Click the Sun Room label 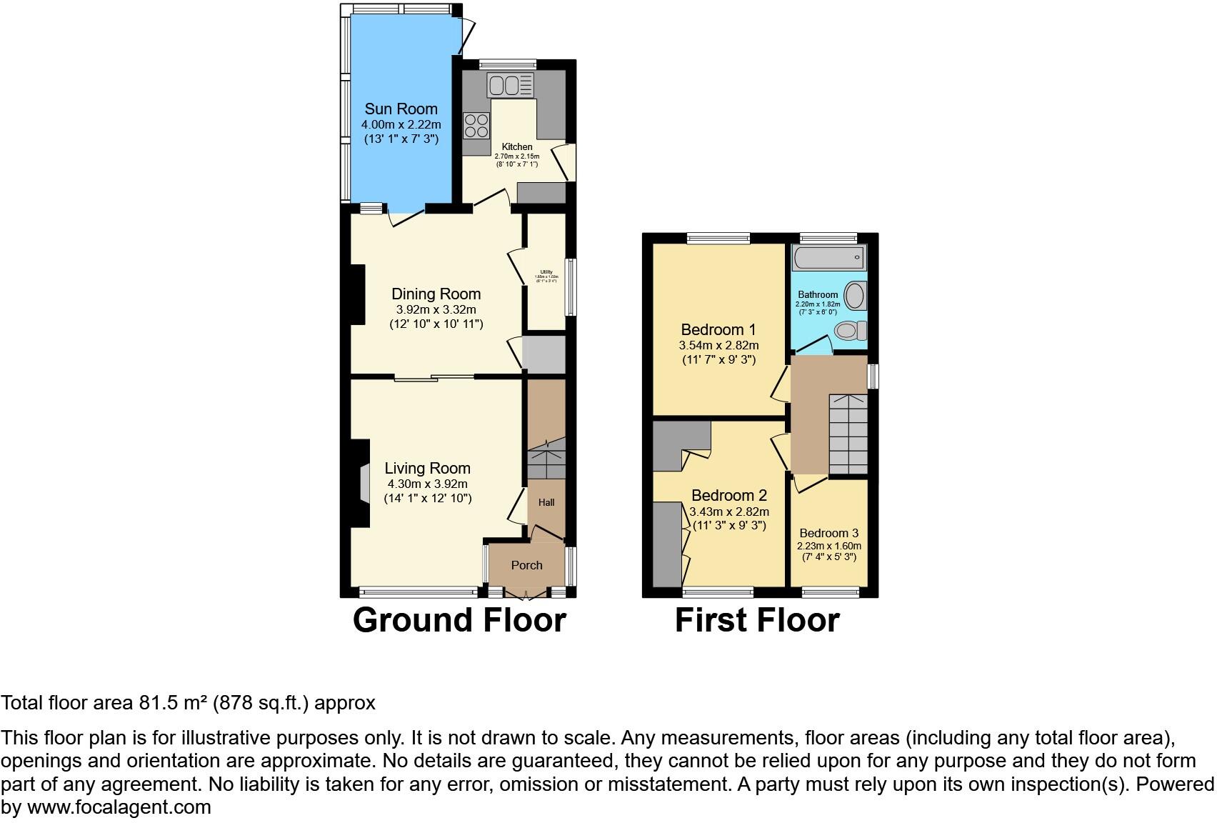pos(401,109)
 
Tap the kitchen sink pos(510,86)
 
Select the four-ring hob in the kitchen pos(476,126)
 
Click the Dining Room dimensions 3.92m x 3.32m pos(436,309)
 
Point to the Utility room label pos(546,272)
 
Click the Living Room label pos(427,469)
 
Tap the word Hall pos(546,502)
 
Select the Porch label pos(526,565)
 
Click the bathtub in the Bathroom pos(828,257)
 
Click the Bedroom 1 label pos(718,330)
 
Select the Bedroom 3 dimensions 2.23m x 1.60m pos(828,546)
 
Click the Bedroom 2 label pos(728,496)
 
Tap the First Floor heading pos(757,620)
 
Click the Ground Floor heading pos(459,620)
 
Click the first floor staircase pos(848,433)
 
